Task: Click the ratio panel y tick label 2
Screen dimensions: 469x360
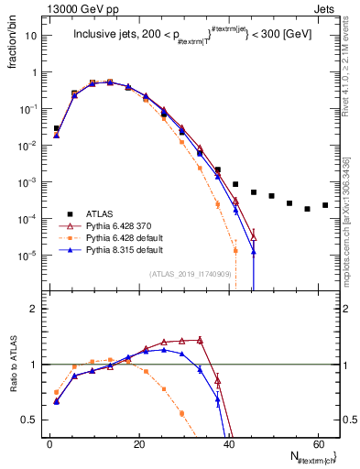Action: pos(34,309)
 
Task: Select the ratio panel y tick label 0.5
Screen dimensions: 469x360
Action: pos(30,420)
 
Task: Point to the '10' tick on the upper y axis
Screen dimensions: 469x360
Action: pos(31,36)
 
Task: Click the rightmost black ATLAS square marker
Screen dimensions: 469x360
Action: pos(325,205)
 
